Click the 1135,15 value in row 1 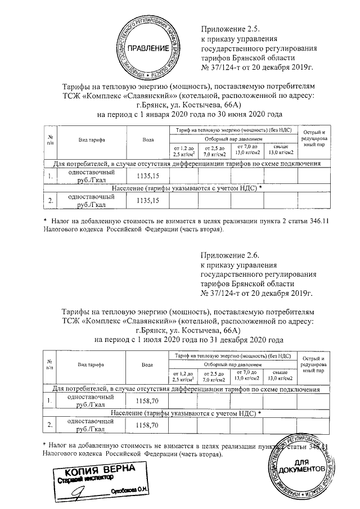tap(148, 176)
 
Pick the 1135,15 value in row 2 tap(148, 200)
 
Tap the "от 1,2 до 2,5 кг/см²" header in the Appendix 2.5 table tap(184, 151)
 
